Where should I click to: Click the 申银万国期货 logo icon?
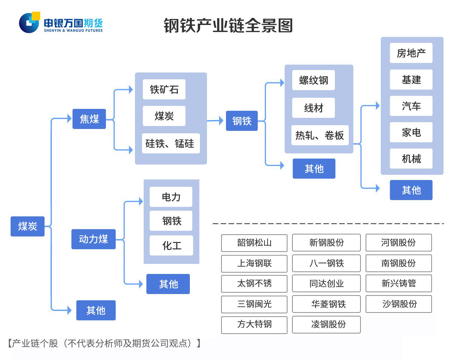click(29, 23)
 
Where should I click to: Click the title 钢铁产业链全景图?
click(228, 26)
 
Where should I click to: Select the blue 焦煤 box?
click(89, 119)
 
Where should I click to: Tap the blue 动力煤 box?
click(93, 239)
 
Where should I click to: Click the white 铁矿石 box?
click(164, 89)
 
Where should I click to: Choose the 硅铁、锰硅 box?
click(171, 143)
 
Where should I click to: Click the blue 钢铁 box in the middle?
click(242, 121)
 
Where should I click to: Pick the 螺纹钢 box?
click(313, 80)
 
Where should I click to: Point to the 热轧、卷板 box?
click(320, 135)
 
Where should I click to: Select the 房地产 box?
click(411, 53)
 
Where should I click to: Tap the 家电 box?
click(411, 132)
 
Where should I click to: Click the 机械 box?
click(411, 159)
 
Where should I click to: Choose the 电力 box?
click(171, 197)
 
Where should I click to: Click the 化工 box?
click(171, 245)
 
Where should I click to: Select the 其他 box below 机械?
click(411, 190)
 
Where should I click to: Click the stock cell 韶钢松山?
click(254, 243)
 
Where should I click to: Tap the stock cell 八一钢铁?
click(326, 263)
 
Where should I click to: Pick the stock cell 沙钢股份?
click(399, 304)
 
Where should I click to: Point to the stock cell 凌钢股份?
click(326, 324)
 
